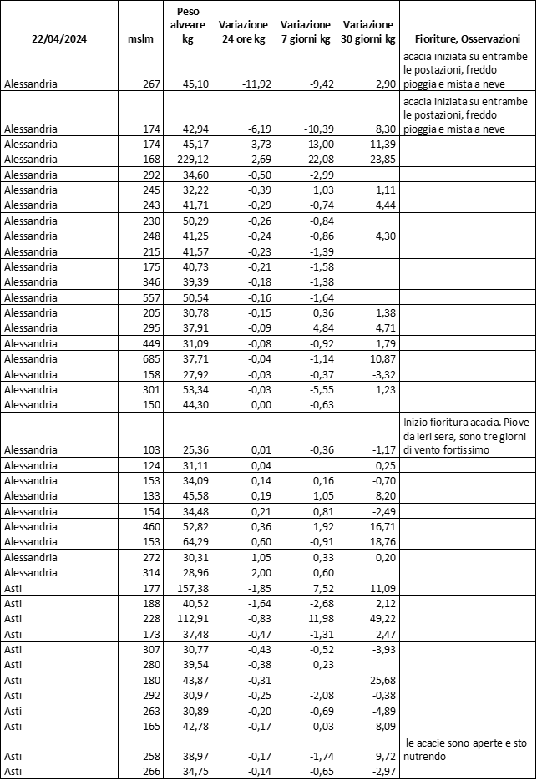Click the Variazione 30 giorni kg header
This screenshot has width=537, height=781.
coord(369,32)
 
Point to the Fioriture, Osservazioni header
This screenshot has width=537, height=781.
coord(468,39)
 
